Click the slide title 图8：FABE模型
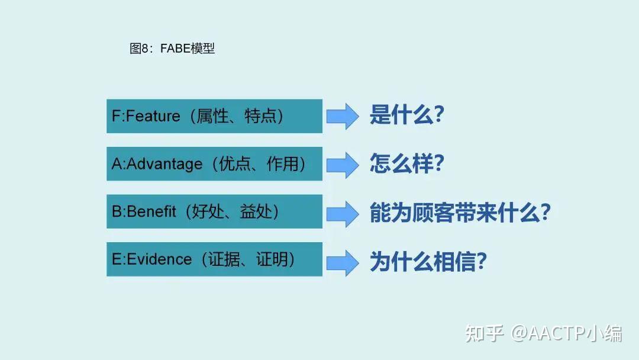click(x=172, y=49)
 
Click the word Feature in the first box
click(x=153, y=116)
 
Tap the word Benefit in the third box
click(x=152, y=211)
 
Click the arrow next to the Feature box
click(x=343, y=116)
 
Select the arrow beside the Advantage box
click(x=343, y=164)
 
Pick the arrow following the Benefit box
click(x=343, y=212)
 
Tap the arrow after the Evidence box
click(x=343, y=260)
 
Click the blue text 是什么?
click(x=406, y=115)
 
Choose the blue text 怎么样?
click(x=406, y=163)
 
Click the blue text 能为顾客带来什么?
click(x=460, y=212)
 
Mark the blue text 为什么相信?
click(x=428, y=261)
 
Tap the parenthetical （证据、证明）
click(x=248, y=259)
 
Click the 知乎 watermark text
click(x=483, y=333)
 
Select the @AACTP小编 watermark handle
click(x=567, y=333)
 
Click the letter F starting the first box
click(x=115, y=116)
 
